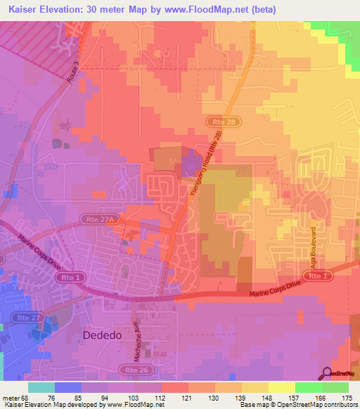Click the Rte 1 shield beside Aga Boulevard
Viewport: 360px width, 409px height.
coord(319,276)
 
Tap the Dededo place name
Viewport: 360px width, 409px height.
coord(102,336)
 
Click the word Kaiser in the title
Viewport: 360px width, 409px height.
coord(27,10)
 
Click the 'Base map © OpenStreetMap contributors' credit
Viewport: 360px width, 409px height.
coord(298,405)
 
